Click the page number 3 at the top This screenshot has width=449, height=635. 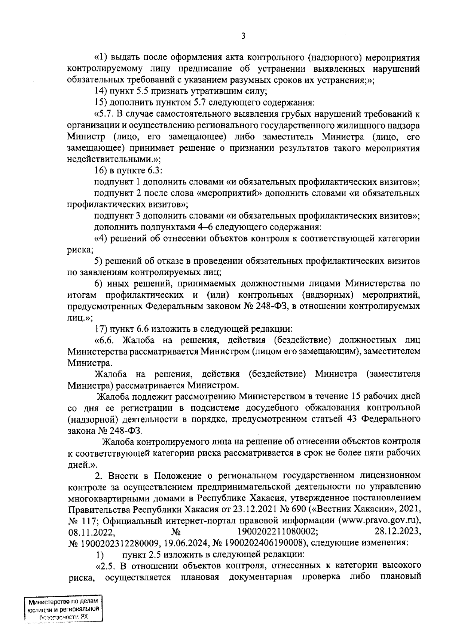coord(243,36)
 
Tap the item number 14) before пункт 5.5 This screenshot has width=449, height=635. coord(101,91)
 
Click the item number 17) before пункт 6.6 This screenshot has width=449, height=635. coord(101,329)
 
